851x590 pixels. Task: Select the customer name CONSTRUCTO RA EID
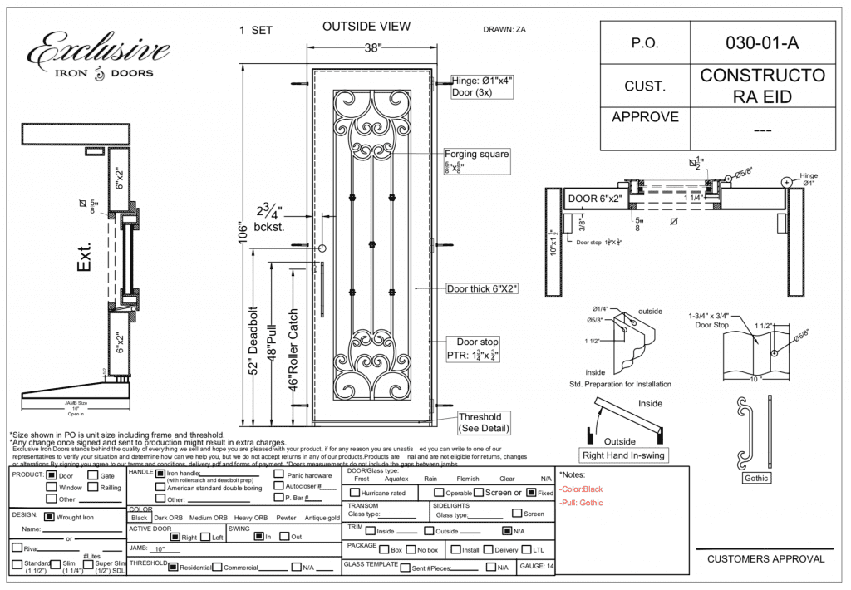(x=762, y=86)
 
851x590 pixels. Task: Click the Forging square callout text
(x=476, y=155)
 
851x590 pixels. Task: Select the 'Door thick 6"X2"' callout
(x=482, y=289)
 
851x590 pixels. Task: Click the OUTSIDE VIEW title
(x=366, y=27)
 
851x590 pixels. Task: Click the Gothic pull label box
(x=756, y=479)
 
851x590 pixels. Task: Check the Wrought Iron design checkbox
(x=49, y=517)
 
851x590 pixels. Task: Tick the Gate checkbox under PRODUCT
(x=92, y=476)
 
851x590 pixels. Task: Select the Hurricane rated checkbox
(x=355, y=493)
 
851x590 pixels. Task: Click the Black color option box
(x=139, y=518)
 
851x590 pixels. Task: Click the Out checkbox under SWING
(x=284, y=537)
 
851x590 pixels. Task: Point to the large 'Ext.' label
(x=85, y=257)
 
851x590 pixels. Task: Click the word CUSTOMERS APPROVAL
(x=765, y=559)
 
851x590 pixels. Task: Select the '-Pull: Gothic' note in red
(x=582, y=504)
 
